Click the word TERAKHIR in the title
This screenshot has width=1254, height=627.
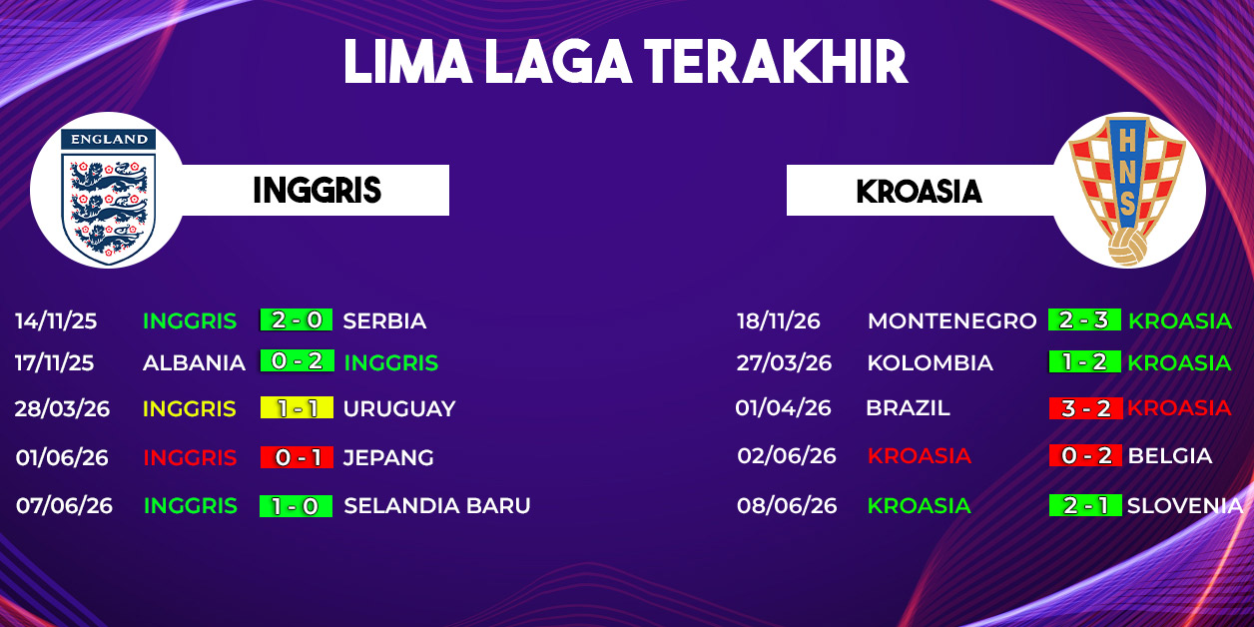pyautogui.click(x=776, y=62)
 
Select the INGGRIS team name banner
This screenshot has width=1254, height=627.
pyautogui.click(x=316, y=190)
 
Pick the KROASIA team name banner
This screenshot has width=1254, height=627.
pyautogui.click(x=920, y=191)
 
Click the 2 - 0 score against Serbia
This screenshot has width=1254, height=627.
pyautogui.click(x=297, y=319)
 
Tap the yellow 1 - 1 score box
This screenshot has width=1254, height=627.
pyautogui.click(x=297, y=407)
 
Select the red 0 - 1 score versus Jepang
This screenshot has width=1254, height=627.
pyautogui.click(x=297, y=457)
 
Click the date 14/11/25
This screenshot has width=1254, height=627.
pyautogui.click(x=56, y=321)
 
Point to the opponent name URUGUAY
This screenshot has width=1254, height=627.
pyautogui.click(x=399, y=408)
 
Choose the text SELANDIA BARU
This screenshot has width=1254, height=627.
pyautogui.click(x=436, y=505)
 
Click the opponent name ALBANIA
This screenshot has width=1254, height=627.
pyautogui.click(x=194, y=362)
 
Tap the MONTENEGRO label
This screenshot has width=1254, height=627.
pyautogui.click(x=951, y=320)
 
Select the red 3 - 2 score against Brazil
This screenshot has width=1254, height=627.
pyautogui.click(x=1085, y=408)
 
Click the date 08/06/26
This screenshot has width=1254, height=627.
pyautogui.click(x=787, y=505)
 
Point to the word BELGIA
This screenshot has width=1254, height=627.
pyautogui.click(x=1169, y=455)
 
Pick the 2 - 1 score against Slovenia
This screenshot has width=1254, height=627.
pyautogui.click(x=1085, y=505)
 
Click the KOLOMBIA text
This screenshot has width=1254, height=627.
pyautogui.click(x=930, y=362)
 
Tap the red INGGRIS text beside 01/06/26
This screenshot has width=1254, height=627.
pyautogui.click(x=190, y=458)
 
